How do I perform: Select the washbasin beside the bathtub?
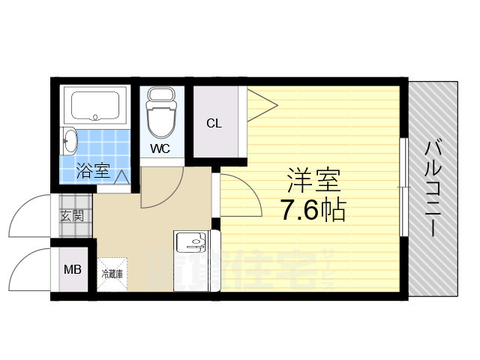tap(70, 139)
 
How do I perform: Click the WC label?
tap(160, 148)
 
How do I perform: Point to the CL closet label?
tap(214, 124)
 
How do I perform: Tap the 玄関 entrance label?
tap(72, 216)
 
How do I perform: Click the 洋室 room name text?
tap(313, 180)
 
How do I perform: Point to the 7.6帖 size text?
tap(313, 211)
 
